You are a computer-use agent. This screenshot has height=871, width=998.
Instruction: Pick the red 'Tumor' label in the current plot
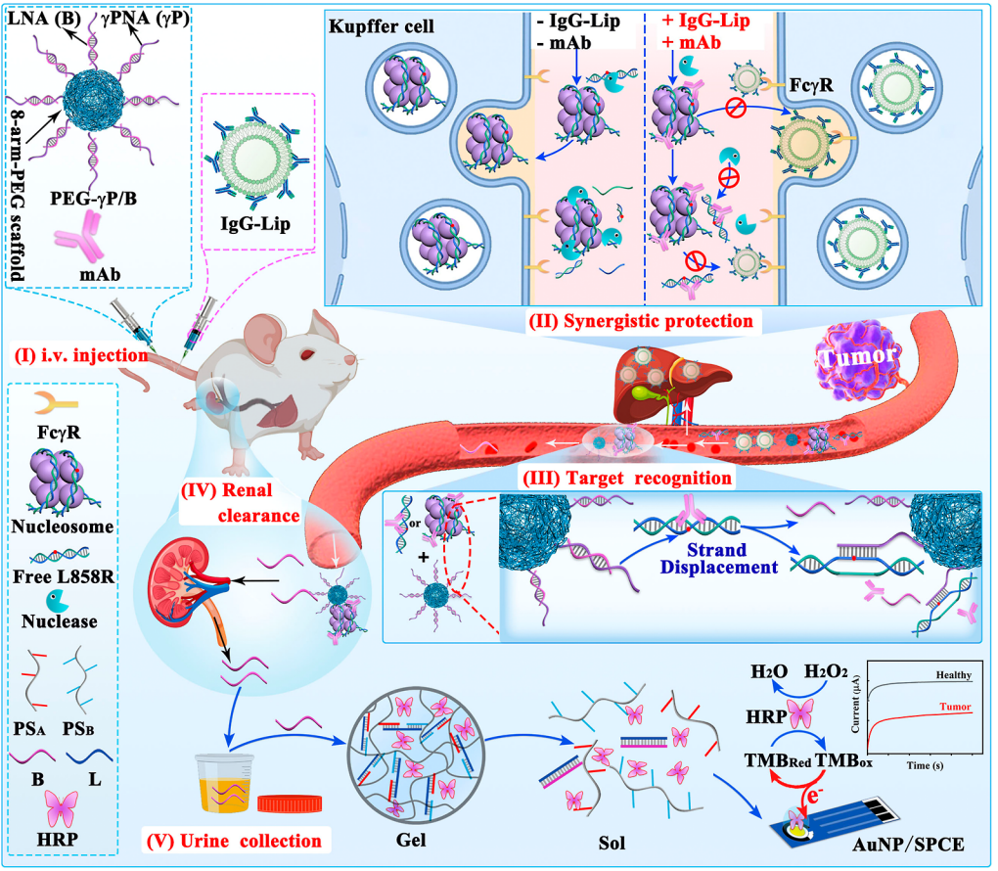pyautogui.click(x=956, y=707)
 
